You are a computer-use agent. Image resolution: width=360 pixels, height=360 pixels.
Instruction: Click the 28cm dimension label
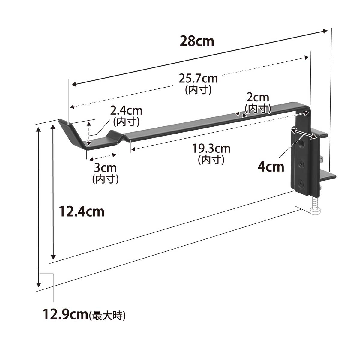coord(197,41)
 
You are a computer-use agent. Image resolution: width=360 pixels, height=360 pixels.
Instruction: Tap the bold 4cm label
coord(271,167)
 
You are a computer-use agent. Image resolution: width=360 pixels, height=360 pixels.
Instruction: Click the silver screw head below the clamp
coord(315,211)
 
